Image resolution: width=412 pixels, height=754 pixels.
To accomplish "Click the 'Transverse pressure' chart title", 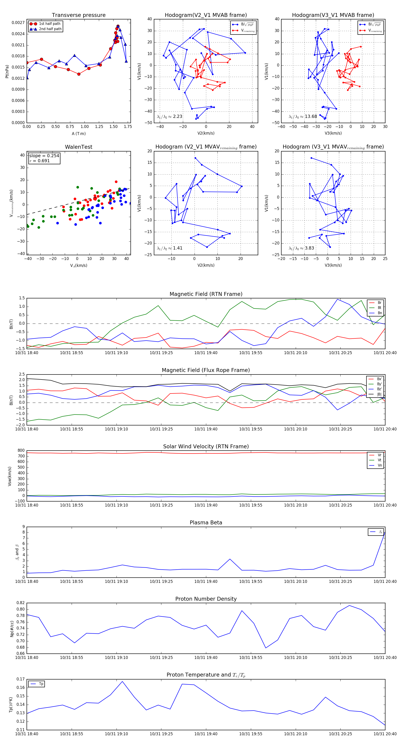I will [x=79, y=15].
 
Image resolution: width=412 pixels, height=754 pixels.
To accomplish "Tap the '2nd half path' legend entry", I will [x=50, y=29].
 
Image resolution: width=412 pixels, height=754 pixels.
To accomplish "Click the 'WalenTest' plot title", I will [x=79, y=147].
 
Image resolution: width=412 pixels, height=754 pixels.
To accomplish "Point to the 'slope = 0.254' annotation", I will [x=44, y=156].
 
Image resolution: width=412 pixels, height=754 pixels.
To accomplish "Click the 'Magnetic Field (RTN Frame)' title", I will [x=206, y=294].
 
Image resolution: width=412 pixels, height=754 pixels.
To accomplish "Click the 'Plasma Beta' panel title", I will [x=206, y=523].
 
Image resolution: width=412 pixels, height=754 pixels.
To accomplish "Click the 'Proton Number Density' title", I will [x=206, y=599].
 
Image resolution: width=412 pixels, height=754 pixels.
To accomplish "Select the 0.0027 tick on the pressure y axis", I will [x=18, y=23].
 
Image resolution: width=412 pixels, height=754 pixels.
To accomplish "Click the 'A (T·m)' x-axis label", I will [x=79, y=133].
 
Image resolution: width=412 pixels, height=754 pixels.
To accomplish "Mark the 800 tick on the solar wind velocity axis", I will [x=21, y=451].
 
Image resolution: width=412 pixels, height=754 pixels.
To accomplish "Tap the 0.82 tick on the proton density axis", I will [x=21, y=603].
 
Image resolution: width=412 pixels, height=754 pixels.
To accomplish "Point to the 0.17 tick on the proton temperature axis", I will [x=21, y=679].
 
